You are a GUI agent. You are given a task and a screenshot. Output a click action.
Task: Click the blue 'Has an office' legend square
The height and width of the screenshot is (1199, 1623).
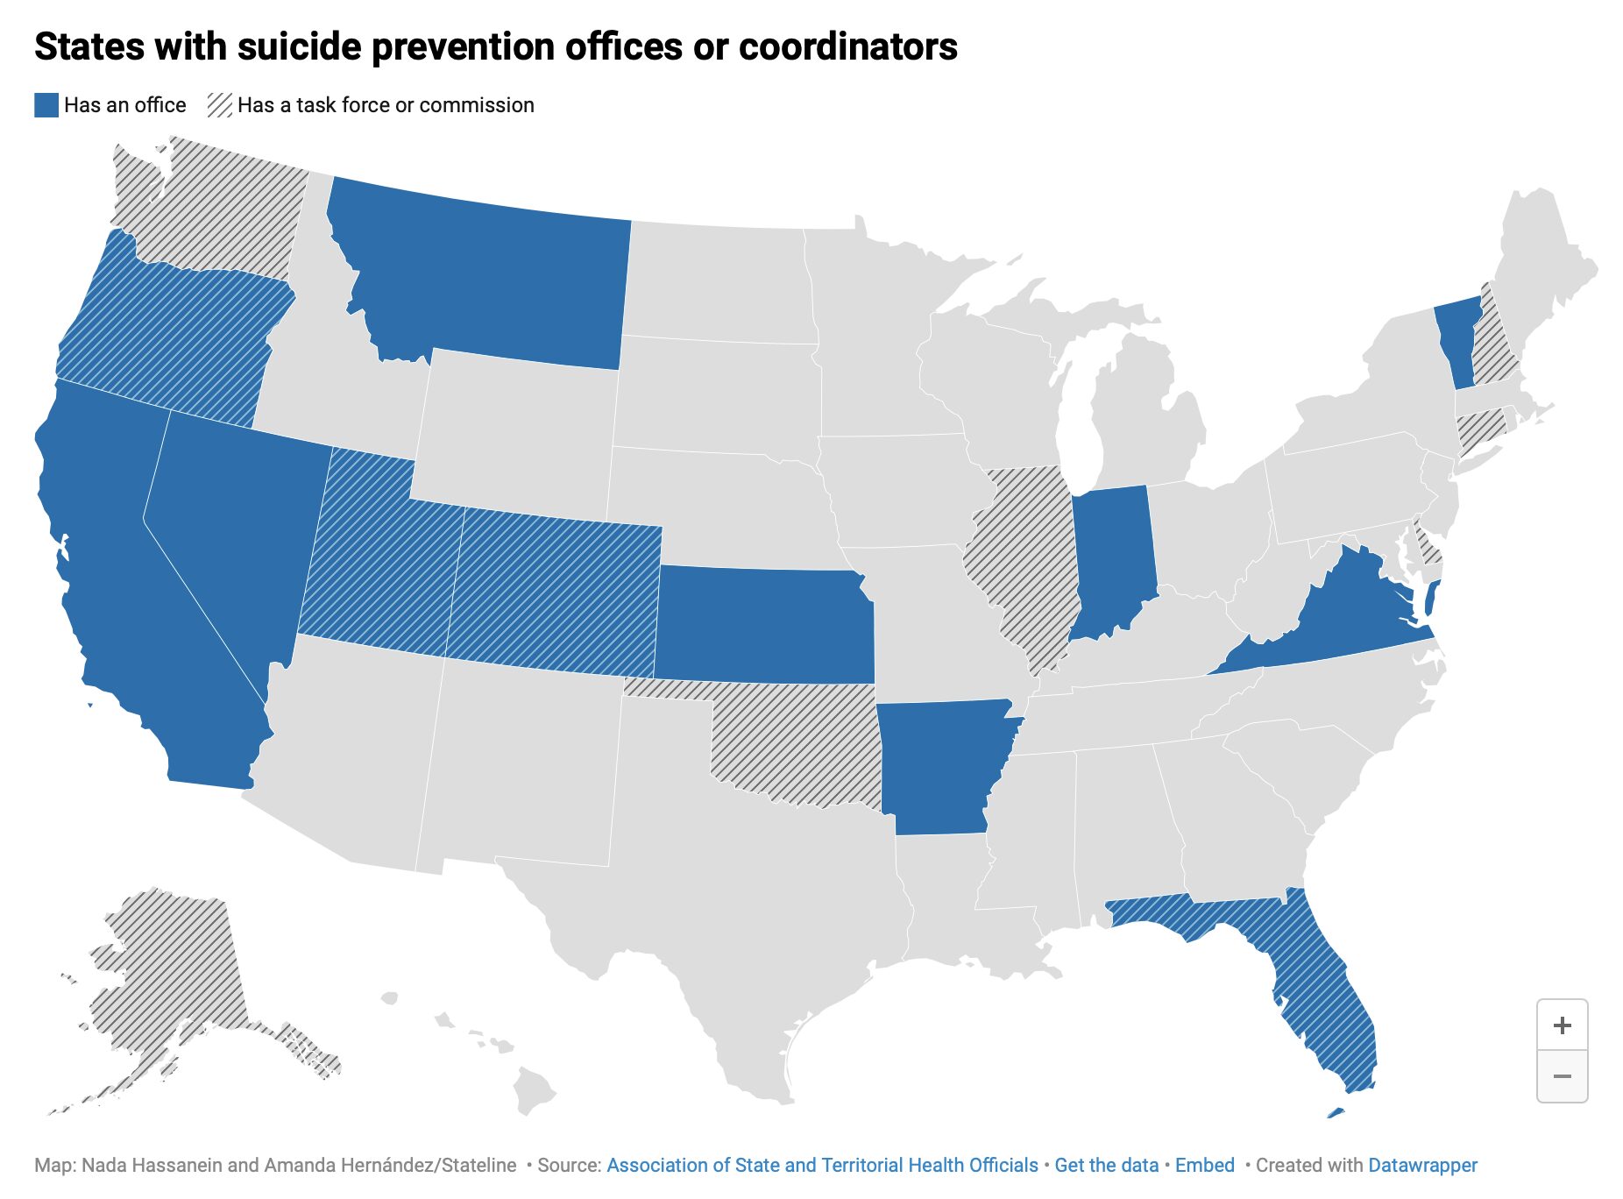(46, 105)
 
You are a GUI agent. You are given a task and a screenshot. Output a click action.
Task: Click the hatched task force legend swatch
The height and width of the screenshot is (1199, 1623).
(219, 105)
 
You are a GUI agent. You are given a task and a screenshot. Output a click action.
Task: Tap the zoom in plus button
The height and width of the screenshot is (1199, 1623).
(1562, 1025)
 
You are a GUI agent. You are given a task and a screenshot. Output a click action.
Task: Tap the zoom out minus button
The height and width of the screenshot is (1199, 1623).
(1562, 1076)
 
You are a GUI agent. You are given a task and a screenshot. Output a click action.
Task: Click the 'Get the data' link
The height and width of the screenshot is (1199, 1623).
(1106, 1165)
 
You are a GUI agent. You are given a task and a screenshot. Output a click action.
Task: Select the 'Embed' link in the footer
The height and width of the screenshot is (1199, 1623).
(1204, 1165)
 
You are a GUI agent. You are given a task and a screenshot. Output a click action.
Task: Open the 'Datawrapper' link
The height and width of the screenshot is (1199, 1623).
(1422, 1165)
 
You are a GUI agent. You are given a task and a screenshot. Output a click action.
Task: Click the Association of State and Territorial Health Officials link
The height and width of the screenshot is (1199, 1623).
(822, 1165)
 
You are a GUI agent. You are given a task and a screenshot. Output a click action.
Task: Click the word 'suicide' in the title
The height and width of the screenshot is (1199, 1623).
(299, 46)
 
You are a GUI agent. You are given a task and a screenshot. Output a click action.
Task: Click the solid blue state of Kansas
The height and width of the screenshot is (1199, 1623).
(762, 624)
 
